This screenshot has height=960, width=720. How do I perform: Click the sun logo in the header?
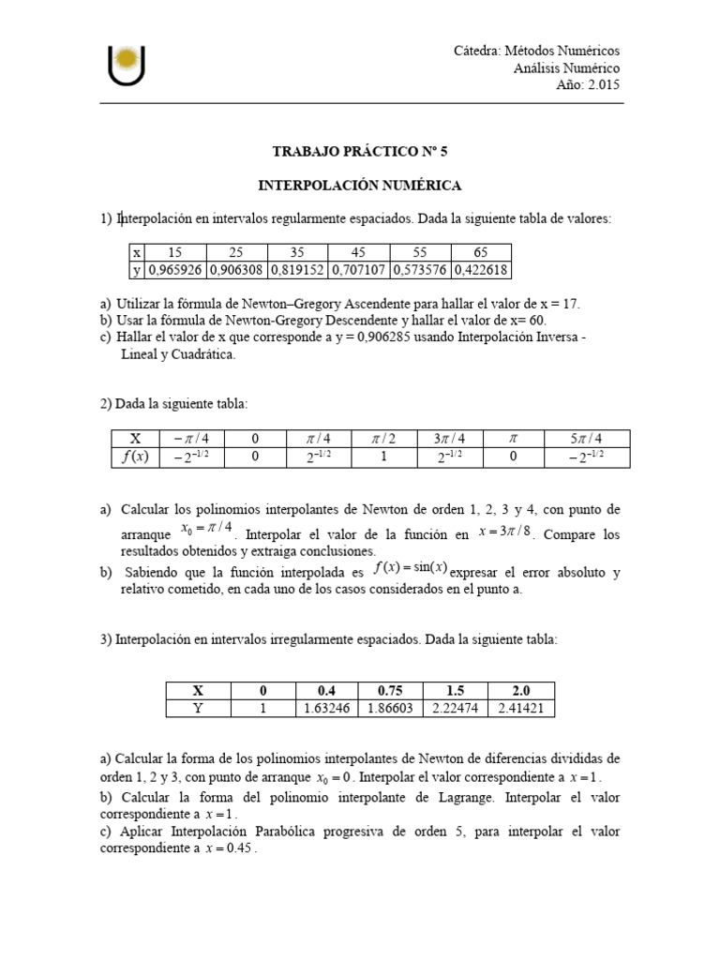tap(126, 64)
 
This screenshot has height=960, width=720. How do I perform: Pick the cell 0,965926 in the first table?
tap(175, 270)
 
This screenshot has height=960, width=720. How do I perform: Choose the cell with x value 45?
tap(359, 252)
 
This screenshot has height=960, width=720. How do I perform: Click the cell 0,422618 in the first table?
tap(481, 270)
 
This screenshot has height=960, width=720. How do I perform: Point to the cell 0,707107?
tap(359, 270)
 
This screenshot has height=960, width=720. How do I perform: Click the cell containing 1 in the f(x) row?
tap(383, 457)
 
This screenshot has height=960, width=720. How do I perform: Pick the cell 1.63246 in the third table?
tap(327, 709)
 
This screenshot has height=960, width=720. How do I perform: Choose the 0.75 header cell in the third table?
tap(386, 691)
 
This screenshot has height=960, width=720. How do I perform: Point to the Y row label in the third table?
tap(198, 709)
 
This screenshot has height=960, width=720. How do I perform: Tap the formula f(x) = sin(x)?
tap(410, 568)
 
